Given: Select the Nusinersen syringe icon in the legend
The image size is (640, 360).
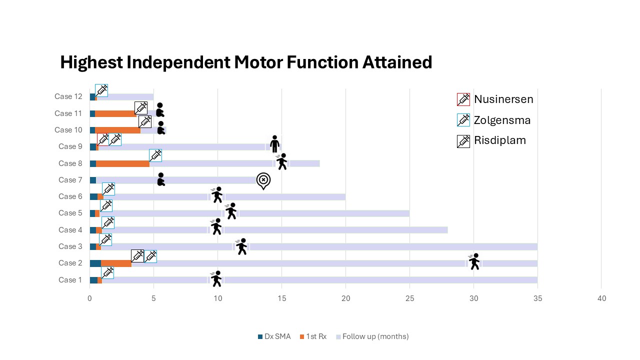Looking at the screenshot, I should pyautogui.click(x=463, y=99).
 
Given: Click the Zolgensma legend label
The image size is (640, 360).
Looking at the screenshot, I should pyautogui.click(x=502, y=120).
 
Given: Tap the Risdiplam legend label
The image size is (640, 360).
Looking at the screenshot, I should pyautogui.click(x=500, y=140).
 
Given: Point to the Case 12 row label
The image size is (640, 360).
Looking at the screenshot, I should pyautogui.click(x=68, y=96).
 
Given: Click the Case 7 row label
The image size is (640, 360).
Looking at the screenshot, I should pyautogui.click(x=70, y=180).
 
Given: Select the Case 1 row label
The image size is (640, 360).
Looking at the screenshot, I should pyautogui.click(x=70, y=280).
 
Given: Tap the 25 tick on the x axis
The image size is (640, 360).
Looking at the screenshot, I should pyautogui.click(x=409, y=298).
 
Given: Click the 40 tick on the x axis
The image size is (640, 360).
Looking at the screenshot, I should pyautogui.click(x=601, y=298).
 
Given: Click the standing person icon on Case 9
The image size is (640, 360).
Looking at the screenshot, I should pyautogui.click(x=274, y=144).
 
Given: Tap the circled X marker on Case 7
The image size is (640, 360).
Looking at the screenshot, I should pyautogui.click(x=263, y=180).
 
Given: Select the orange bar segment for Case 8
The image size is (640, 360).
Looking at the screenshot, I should pyautogui.click(x=122, y=163).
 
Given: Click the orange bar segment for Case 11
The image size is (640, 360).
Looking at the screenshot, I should pyautogui.click(x=115, y=113).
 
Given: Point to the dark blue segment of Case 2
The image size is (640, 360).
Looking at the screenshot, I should pyautogui.click(x=95, y=263).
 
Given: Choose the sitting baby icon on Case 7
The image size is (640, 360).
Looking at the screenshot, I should pyautogui.click(x=160, y=179).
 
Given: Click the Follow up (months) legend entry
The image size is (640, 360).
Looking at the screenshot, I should pyautogui.click(x=375, y=336).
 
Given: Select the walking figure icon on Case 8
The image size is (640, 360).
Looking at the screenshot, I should pyautogui.click(x=282, y=161).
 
